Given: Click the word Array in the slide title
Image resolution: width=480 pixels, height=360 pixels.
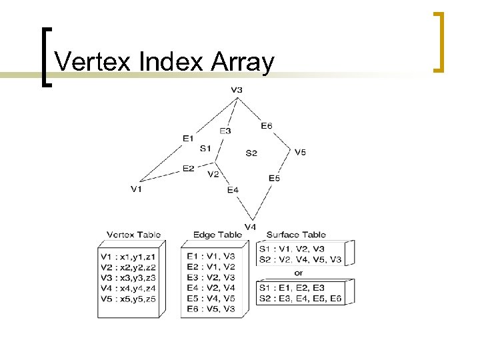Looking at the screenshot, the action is (242, 62).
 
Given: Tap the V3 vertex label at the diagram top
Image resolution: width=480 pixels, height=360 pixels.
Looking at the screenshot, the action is (237, 90).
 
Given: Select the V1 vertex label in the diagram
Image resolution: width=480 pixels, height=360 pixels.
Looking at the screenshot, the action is (136, 189).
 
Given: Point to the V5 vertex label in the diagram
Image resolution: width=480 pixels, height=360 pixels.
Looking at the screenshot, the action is (300, 152).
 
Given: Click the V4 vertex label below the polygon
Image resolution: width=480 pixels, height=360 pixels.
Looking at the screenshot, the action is (250, 227).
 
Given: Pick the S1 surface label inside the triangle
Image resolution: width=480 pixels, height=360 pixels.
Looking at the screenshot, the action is (205, 148).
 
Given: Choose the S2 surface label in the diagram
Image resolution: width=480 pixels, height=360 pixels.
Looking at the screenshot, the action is (251, 153).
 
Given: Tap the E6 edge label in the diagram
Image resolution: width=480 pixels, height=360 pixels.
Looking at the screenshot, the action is (266, 125).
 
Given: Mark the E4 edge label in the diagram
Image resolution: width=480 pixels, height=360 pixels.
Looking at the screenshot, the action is (233, 190).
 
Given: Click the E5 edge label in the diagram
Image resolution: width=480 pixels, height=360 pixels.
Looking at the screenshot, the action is (274, 178).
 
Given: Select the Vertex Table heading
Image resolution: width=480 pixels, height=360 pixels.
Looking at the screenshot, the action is (133, 235).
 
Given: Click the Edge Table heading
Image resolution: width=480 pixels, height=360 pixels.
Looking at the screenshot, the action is (217, 235).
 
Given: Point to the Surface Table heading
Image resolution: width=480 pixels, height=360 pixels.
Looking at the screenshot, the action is (296, 235).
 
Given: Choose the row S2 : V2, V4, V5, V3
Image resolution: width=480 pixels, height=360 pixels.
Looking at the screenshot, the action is (301, 259).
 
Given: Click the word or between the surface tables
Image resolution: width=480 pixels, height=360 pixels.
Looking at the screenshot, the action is (298, 273).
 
